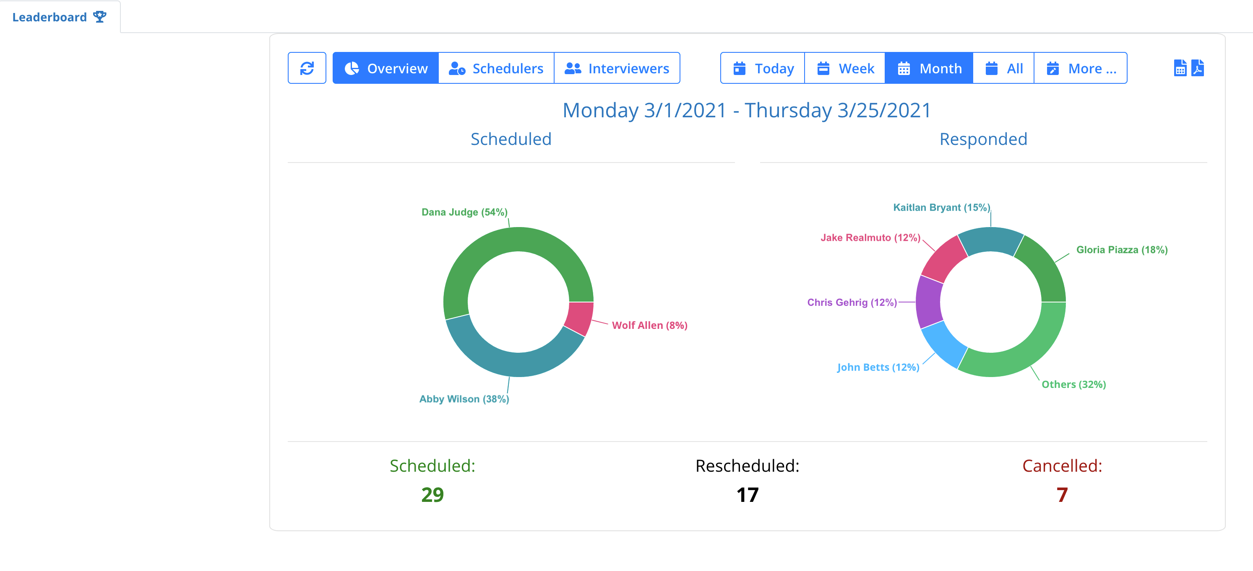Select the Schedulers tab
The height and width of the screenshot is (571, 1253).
496,69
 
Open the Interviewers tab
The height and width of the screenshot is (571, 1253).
616,69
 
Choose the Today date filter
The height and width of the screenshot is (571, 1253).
763,69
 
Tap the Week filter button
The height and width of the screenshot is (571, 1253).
845,69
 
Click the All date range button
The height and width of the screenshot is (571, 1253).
1003,69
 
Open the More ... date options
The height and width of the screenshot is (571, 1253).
1081,69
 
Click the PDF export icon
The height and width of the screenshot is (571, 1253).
1198,68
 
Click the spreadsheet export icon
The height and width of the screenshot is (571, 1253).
1180,68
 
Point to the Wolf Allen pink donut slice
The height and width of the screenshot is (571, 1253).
580,318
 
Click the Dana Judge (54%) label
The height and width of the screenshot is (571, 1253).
464,212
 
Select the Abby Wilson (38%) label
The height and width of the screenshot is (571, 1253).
464,399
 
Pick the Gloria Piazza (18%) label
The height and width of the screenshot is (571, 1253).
1122,250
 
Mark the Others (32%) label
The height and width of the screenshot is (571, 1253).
1073,385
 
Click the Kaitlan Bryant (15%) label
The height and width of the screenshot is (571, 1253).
941,207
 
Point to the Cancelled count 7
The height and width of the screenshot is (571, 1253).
1062,495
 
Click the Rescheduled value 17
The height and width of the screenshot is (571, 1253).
747,495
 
